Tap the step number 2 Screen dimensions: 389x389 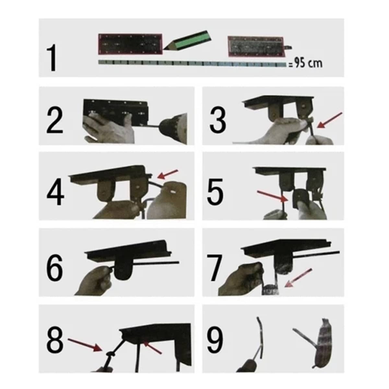coord(55,120)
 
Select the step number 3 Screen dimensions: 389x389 coord(218,120)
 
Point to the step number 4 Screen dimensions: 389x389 coord(55,193)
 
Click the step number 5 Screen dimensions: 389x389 coord(215,192)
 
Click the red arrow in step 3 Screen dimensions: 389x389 coord(330,120)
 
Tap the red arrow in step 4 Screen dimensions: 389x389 coord(168,174)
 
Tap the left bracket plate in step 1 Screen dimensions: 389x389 coord(130,44)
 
